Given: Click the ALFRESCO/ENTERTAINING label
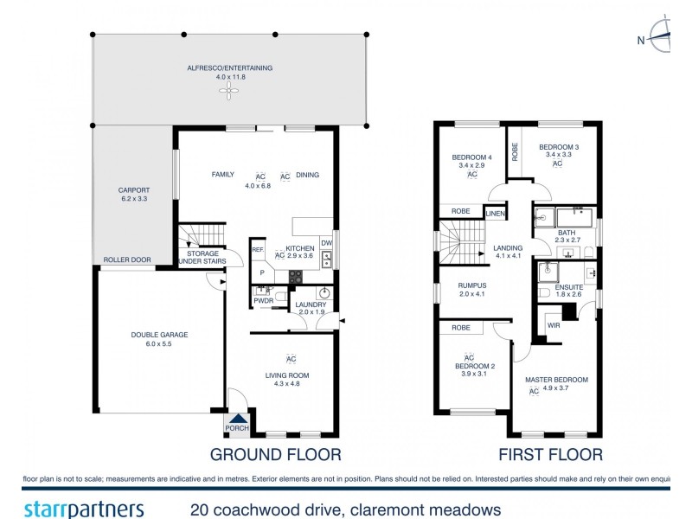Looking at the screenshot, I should pyautogui.click(x=230, y=67).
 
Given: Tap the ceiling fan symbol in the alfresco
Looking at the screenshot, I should pyautogui.click(x=230, y=93).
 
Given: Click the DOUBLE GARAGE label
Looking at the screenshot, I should pyautogui.click(x=159, y=335).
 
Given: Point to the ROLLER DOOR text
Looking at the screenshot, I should pyautogui.click(x=127, y=259).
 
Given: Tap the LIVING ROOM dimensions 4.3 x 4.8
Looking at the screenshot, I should pyautogui.click(x=286, y=383).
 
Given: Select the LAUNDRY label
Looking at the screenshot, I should pyautogui.click(x=311, y=304).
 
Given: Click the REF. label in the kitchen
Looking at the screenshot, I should pyautogui.click(x=258, y=250).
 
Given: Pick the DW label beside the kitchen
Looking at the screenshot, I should pyautogui.click(x=326, y=243).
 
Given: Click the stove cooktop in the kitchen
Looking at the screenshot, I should pyautogui.click(x=295, y=278).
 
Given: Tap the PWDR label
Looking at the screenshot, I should pyautogui.click(x=264, y=300).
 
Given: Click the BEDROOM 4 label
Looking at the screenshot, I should pyautogui.click(x=471, y=157).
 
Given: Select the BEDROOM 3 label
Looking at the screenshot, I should pyautogui.click(x=558, y=147).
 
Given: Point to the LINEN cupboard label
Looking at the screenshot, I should pyautogui.click(x=495, y=213).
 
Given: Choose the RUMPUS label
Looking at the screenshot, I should pyautogui.click(x=472, y=285).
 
